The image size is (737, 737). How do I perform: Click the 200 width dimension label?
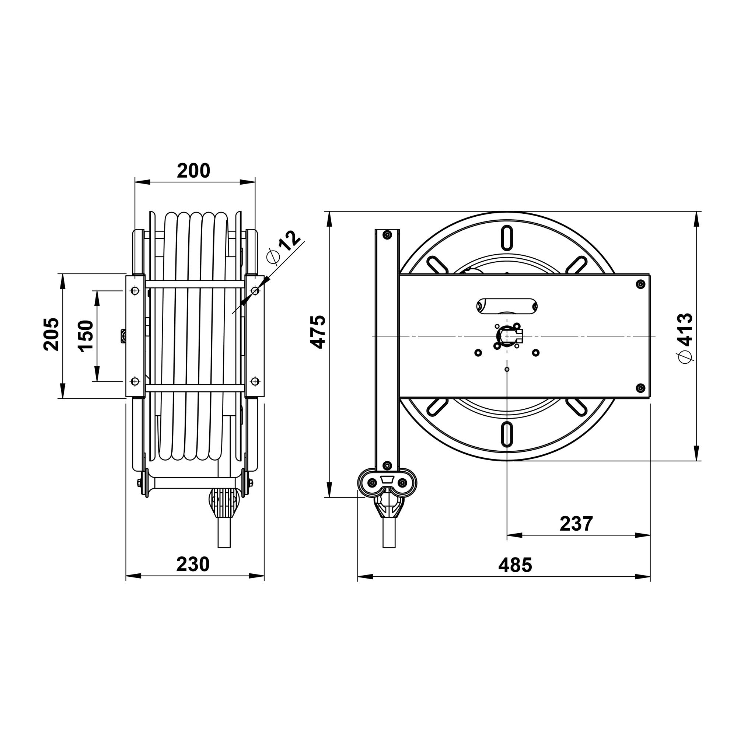point(193,171)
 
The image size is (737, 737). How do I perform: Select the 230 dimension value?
point(193,564)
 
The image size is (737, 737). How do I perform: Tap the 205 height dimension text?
point(52,334)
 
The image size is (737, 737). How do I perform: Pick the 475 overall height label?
point(317,332)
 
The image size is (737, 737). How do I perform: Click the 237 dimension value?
point(576,524)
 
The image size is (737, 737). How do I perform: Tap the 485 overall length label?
point(515,565)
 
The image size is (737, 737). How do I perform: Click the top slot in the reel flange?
point(507,238)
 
